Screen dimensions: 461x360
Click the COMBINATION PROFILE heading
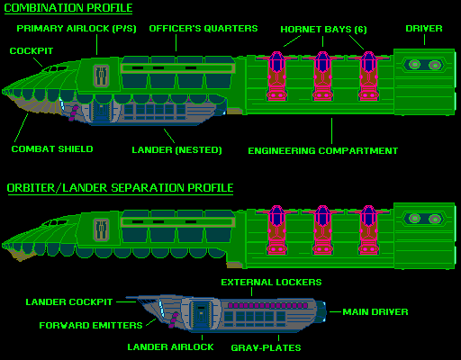coord(68,8)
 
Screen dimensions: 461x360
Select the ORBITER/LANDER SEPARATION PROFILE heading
coord(120,188)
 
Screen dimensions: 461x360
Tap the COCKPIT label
coord(32,50)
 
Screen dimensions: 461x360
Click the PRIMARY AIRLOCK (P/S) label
coord(77,29)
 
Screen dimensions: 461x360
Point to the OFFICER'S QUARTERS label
coord(203,28)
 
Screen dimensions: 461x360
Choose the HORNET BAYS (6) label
coord(323,30)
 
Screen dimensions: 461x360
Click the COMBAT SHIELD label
coord(52,148)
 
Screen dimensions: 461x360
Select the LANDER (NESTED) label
coord(176,149)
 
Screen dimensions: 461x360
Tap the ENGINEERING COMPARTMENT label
coord(323,150)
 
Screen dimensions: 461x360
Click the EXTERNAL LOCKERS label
coord(271,282)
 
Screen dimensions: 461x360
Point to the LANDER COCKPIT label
coord(69,301)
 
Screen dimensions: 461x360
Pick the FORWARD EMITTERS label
coord(91,325)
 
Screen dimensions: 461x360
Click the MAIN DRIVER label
coord(375,312)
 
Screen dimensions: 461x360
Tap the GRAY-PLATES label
coord(266,347)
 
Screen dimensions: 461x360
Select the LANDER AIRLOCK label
coord(170,346)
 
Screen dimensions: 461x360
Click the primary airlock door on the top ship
coord(101,76)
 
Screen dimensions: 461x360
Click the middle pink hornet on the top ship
coord(322,76)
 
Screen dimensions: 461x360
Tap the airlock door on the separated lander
coord(201,314)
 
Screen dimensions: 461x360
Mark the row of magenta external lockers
coord(267,305)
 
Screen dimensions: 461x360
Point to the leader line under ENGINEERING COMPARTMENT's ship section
coord(331,130)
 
